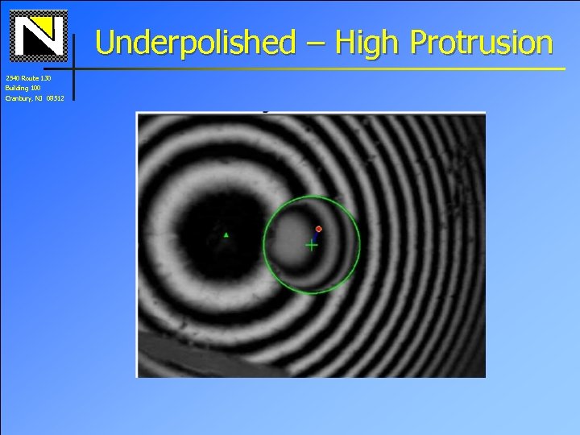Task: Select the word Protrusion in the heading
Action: coord(481,42)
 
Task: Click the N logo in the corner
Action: coord(39,35)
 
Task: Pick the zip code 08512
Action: coord(56,97)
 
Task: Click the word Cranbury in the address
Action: coord(19,97)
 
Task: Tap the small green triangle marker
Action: coord(226,235)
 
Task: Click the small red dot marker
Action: coord(318,230)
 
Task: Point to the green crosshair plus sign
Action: coord(312,245)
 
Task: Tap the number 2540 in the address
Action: coord(10,78)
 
